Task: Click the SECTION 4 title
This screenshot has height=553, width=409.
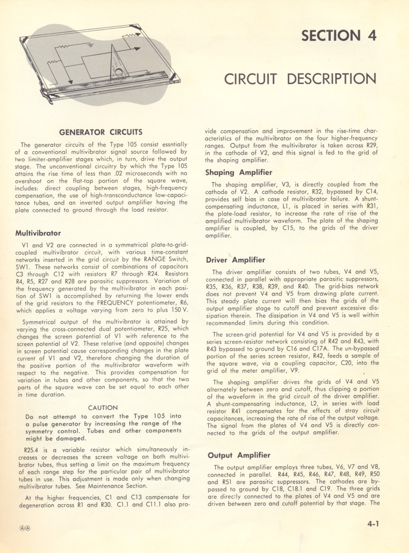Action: click(x=339, y=35)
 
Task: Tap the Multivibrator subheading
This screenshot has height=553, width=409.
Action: click(x=38, y=234)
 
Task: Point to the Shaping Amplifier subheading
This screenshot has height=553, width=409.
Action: click(x=239, y=173)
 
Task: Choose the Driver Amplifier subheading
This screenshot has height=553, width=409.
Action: click(x=236, y=260)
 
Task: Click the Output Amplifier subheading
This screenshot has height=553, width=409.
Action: click(x=238, y=455)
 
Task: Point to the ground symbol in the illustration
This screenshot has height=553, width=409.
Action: click(x=91, y=45)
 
